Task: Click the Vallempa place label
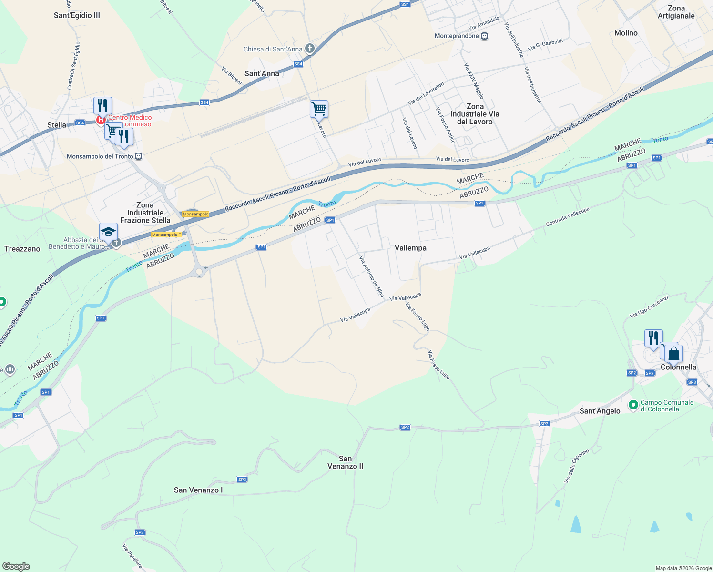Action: point(410,248)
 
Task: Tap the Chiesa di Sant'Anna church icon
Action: point(310,49)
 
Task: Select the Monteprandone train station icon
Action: point(484,36)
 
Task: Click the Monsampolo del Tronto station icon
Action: point(138,156)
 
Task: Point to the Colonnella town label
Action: point(678,367)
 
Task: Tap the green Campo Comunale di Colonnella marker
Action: point(633,405)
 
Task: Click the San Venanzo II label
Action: point(345,462)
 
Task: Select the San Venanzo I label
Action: point(198,490)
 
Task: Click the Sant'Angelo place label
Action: point(600,411)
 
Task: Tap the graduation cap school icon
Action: point(108,232)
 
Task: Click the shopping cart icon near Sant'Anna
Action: point(319,109)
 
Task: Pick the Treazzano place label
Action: point(22,249)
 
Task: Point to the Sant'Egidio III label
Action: point(77,15)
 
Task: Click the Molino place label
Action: point(626,33)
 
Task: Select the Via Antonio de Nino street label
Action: point(372,276)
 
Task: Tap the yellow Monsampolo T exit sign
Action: point(166,235)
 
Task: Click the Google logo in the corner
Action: point(16,566)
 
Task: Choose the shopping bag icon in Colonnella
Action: point(673,354)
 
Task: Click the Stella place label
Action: point(57,125)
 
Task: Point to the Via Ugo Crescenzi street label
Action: point(649,306)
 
